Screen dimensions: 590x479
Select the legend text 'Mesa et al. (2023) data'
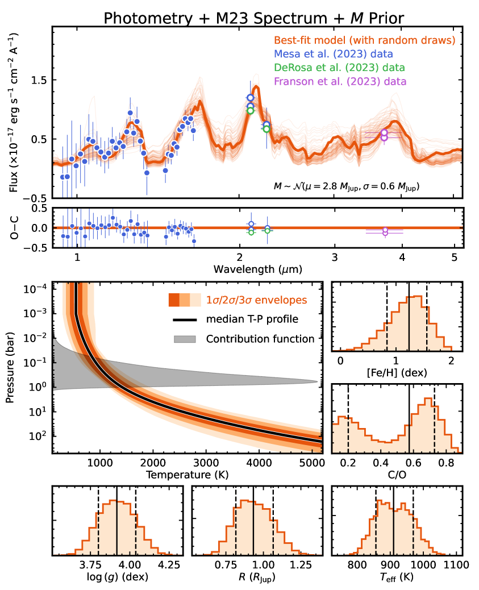(x=334, y=55)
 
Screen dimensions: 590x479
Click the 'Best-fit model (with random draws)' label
(x=364, y=41)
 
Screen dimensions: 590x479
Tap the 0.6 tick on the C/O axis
(x=395, y=462)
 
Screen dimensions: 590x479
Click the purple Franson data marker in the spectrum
(x=385, y=135)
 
